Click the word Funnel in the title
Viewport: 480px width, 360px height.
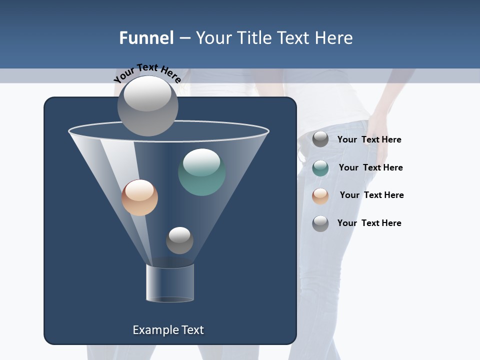(146, 38)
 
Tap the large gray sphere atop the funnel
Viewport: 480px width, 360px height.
(147, 105)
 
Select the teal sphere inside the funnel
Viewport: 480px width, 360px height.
(202, 172)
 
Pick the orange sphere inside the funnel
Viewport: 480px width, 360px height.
(139, 197)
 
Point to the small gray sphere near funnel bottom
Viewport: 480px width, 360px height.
(179, 240)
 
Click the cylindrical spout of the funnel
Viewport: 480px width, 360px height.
(170, 283)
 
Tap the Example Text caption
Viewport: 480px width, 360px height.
(168, 330)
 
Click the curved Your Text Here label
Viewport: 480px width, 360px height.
(147, 73)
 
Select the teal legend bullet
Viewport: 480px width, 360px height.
(320, 168)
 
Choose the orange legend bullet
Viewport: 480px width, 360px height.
(320, 196)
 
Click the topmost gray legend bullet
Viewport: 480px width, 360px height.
(320, 139)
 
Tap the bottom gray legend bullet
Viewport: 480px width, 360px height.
(320, 223)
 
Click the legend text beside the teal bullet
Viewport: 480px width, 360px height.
(370, 167)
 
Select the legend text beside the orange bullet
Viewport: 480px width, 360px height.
(371, 195)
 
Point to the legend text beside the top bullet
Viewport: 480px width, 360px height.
(369, 139)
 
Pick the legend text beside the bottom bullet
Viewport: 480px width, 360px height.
(369, 223)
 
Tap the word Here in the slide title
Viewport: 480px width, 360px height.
(333, 38)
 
